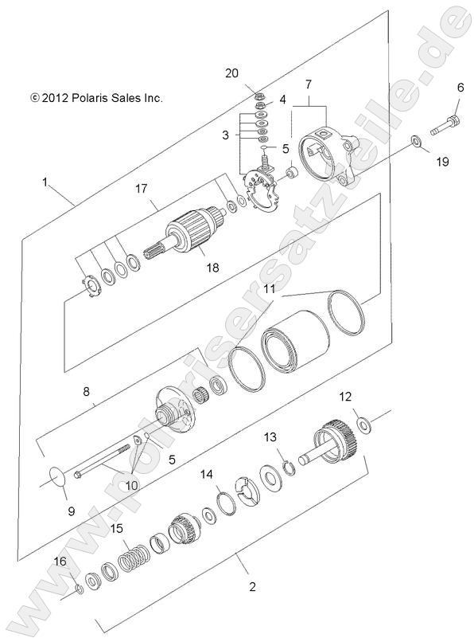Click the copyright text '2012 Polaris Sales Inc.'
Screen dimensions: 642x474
click(x=96, y=98)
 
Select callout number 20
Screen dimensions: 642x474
click(x=232, y=73)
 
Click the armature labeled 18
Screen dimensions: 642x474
click(x=191, y=231)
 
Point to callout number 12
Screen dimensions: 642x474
click(x=344, y=396)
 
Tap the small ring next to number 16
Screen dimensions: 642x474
click(x=80, y=589)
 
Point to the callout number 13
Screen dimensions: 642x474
click(x=270, y=436)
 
